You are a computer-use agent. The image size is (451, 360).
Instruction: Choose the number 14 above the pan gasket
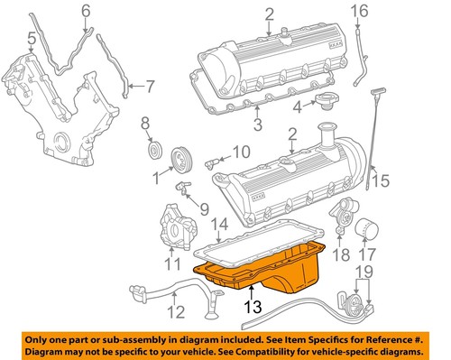[x=218, y=222]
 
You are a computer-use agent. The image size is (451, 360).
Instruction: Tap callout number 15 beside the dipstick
[x=382, y=180]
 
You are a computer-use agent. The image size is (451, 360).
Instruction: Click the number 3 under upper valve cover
[x=258, y=125]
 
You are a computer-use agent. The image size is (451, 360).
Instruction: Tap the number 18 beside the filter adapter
[x=339, y=256]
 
